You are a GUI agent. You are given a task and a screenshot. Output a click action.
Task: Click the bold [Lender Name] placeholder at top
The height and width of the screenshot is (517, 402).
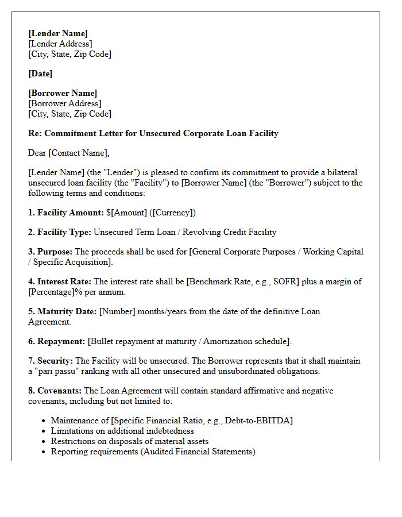pyautogui.click(x=58, y=33)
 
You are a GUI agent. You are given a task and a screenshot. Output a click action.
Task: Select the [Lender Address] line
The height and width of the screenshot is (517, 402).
pyautogui.click(x=60, y=44)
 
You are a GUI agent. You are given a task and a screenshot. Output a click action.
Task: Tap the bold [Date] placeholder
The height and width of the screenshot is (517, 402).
pyautogui.click(x=40, y=74)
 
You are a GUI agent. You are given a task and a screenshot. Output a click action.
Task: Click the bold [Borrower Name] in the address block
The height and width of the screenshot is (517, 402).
pyautogui.click(x=63, y=93)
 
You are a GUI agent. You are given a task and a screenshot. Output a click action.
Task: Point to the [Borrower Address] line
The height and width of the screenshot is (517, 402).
pyautogui.click(x=64, y=103)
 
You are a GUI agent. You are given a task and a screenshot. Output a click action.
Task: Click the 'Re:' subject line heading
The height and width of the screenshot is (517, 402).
pyautogui.click(x=153, y=133)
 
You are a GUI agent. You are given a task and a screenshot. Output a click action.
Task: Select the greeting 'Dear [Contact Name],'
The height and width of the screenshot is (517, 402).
pyautogui.click(x=68, y=153)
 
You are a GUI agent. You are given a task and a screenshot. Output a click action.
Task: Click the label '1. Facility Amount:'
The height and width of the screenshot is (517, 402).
pyautogui.click(x=66, y=213)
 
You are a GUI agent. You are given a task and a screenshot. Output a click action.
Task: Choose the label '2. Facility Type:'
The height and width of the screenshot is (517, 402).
pyautogui.click(x=60, y=232)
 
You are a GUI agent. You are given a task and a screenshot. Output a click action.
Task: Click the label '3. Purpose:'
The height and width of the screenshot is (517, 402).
pyautogui.click(x=51, y=252)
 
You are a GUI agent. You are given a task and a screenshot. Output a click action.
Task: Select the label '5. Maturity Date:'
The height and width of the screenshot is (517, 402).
pyautogui.click(x=63, y=311)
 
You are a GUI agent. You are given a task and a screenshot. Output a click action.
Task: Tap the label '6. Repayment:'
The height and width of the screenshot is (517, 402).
pyautogui.click(x=56, y=341)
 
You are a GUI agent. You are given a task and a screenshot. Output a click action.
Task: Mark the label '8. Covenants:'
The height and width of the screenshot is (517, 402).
pyautogui.click(x=55, y=391)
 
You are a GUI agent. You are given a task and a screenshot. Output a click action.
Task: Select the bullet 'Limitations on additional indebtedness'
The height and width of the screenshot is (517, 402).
pyautogui.click(x=122, y=431)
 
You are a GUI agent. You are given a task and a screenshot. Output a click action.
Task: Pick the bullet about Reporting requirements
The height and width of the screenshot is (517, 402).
pyautogui.click(x=153, y=452)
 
